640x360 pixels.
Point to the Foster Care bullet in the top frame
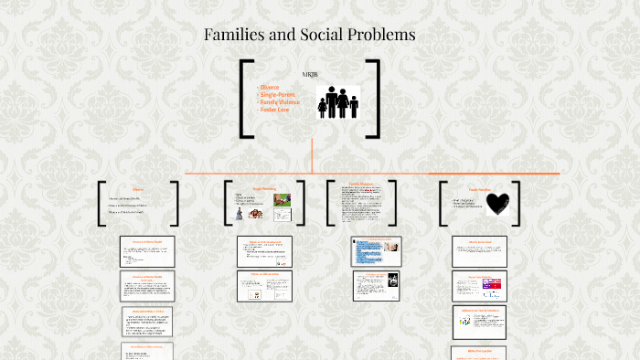click(x=275, y=110)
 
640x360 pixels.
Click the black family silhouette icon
click(x=337, y=102)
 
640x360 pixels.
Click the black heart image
click(x=498, y=202)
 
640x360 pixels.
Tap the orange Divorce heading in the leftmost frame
click(x=139, y=189)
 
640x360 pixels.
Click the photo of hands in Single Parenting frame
click(x=283, y=198)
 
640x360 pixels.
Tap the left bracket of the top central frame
click(x=245, y=99)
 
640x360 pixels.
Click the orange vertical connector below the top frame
click(x=313, y=154)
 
